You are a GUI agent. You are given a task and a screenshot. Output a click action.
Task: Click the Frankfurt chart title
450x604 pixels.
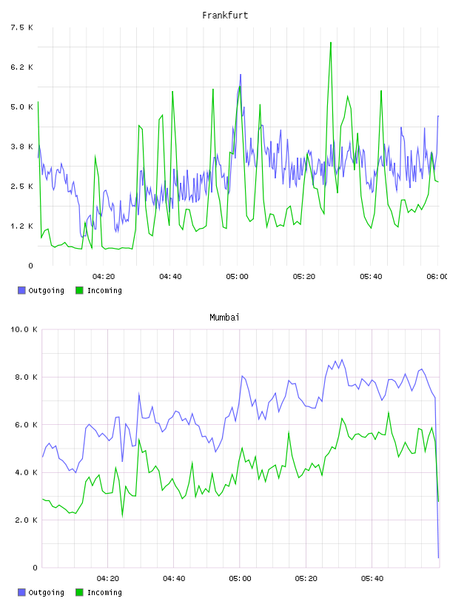225,16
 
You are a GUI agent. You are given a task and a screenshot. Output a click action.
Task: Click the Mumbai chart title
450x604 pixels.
224,318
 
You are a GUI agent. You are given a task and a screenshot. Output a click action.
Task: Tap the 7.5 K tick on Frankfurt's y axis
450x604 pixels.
22,27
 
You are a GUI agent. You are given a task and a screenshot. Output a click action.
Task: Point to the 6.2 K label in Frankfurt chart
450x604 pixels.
22,67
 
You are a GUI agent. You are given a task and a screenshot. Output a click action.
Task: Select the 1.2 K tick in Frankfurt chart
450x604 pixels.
22,226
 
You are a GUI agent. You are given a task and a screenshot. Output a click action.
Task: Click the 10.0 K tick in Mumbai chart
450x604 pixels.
24,329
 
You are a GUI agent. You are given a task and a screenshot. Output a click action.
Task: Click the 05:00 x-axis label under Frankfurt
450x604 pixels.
237,277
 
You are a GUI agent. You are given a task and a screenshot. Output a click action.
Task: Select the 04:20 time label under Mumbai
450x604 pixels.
108,579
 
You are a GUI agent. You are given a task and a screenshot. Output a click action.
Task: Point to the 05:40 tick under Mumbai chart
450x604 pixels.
372,579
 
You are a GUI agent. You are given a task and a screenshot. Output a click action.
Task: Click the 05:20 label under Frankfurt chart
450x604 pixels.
304,277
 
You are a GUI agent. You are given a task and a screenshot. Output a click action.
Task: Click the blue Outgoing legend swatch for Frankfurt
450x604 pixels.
21,290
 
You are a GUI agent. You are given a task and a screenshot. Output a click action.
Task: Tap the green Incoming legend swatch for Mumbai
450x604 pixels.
79,592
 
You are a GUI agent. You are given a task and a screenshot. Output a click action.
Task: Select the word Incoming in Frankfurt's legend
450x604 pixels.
104,291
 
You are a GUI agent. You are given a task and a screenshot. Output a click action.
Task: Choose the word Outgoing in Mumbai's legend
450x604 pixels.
46,592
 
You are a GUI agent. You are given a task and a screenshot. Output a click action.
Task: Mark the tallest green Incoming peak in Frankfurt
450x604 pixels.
331,42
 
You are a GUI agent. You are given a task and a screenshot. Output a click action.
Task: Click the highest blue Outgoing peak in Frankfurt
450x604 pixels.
241,74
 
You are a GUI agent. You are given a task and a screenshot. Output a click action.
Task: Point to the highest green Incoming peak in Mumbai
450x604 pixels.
389,412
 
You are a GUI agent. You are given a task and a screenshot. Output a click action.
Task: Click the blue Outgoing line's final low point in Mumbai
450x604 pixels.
438,557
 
